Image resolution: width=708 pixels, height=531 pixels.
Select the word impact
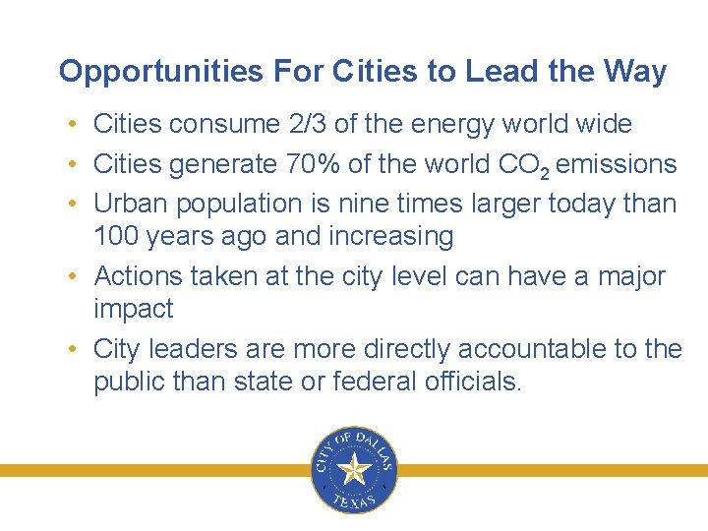[133, 309]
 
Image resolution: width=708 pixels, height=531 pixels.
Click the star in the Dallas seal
[353, 470]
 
